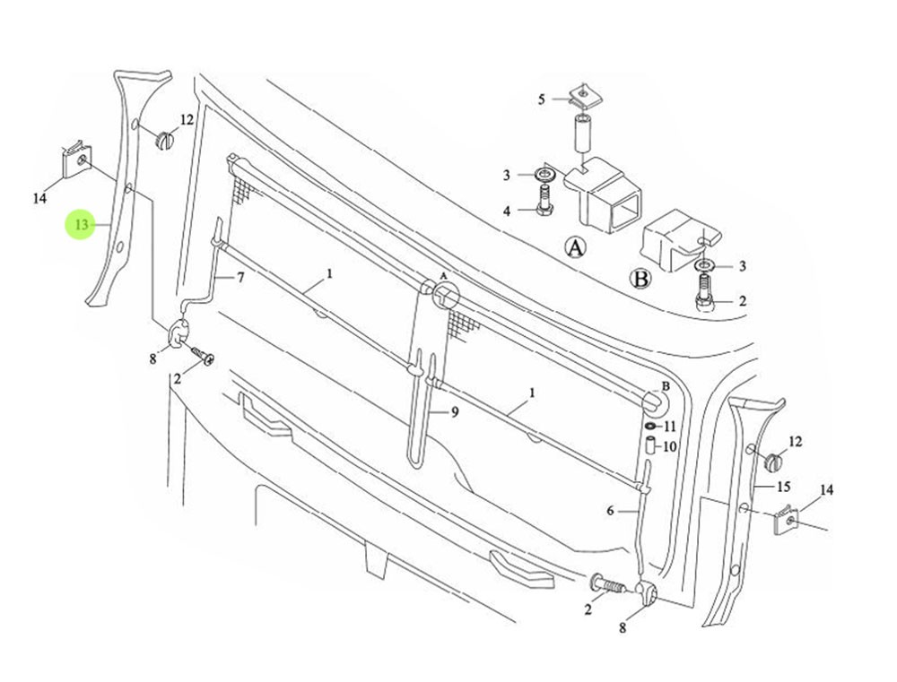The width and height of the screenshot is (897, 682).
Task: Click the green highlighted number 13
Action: [81, 224]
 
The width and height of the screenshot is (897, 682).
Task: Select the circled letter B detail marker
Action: [641, 279]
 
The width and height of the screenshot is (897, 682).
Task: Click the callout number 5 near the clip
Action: [541, 99]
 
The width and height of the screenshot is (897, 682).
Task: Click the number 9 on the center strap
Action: [455, 412]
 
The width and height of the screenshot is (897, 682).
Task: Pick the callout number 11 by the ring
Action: [669, 427]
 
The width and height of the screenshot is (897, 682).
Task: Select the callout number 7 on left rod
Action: [239, 278]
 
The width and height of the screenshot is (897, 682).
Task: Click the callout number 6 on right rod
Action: [610, 511]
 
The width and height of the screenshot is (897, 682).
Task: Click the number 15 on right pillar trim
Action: [783, 487]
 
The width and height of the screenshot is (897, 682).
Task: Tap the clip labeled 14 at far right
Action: [788, 522]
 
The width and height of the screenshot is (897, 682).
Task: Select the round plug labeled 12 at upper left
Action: [165, 139]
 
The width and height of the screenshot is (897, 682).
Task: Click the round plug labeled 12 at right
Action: [772, 462]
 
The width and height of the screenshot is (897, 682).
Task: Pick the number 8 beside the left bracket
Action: [152, 359]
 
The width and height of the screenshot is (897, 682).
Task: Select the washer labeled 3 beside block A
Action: [544, 174]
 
